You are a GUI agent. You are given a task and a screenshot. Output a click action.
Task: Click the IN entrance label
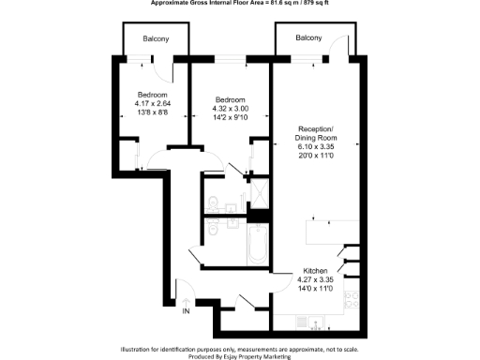186,310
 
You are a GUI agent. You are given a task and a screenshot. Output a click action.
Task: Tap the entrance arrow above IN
186,299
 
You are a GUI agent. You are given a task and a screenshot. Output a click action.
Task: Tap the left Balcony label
156,38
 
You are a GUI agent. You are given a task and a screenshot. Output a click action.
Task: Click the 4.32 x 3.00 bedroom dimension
230,109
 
